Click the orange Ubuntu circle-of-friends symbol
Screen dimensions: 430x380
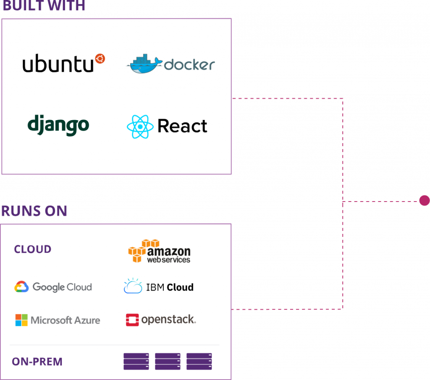pos(100,59)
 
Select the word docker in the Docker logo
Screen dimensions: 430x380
pos(189,65)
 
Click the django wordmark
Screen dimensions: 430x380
pos(58,125)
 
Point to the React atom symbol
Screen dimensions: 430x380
pos(140,127)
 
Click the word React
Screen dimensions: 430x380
pos(182,126)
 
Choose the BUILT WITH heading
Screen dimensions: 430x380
pos(44,5)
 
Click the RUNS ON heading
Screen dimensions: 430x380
pos(34,211)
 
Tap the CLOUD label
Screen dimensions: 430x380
pos(33,249)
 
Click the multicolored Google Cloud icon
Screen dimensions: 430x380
pos(21,287)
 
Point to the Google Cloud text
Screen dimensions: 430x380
pos(62,287)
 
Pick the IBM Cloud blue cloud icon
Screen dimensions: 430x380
pos(133,286)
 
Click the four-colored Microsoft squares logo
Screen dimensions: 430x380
pos(21,320)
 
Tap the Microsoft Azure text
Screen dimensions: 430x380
pos(65,320)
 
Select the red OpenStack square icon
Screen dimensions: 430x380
pos(132,320)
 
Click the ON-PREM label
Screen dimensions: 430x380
pos(37,362)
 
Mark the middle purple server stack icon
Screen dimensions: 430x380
pos(168,362)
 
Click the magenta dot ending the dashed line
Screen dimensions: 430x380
pos(425,200)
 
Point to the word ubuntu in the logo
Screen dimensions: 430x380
pos(58,63)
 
